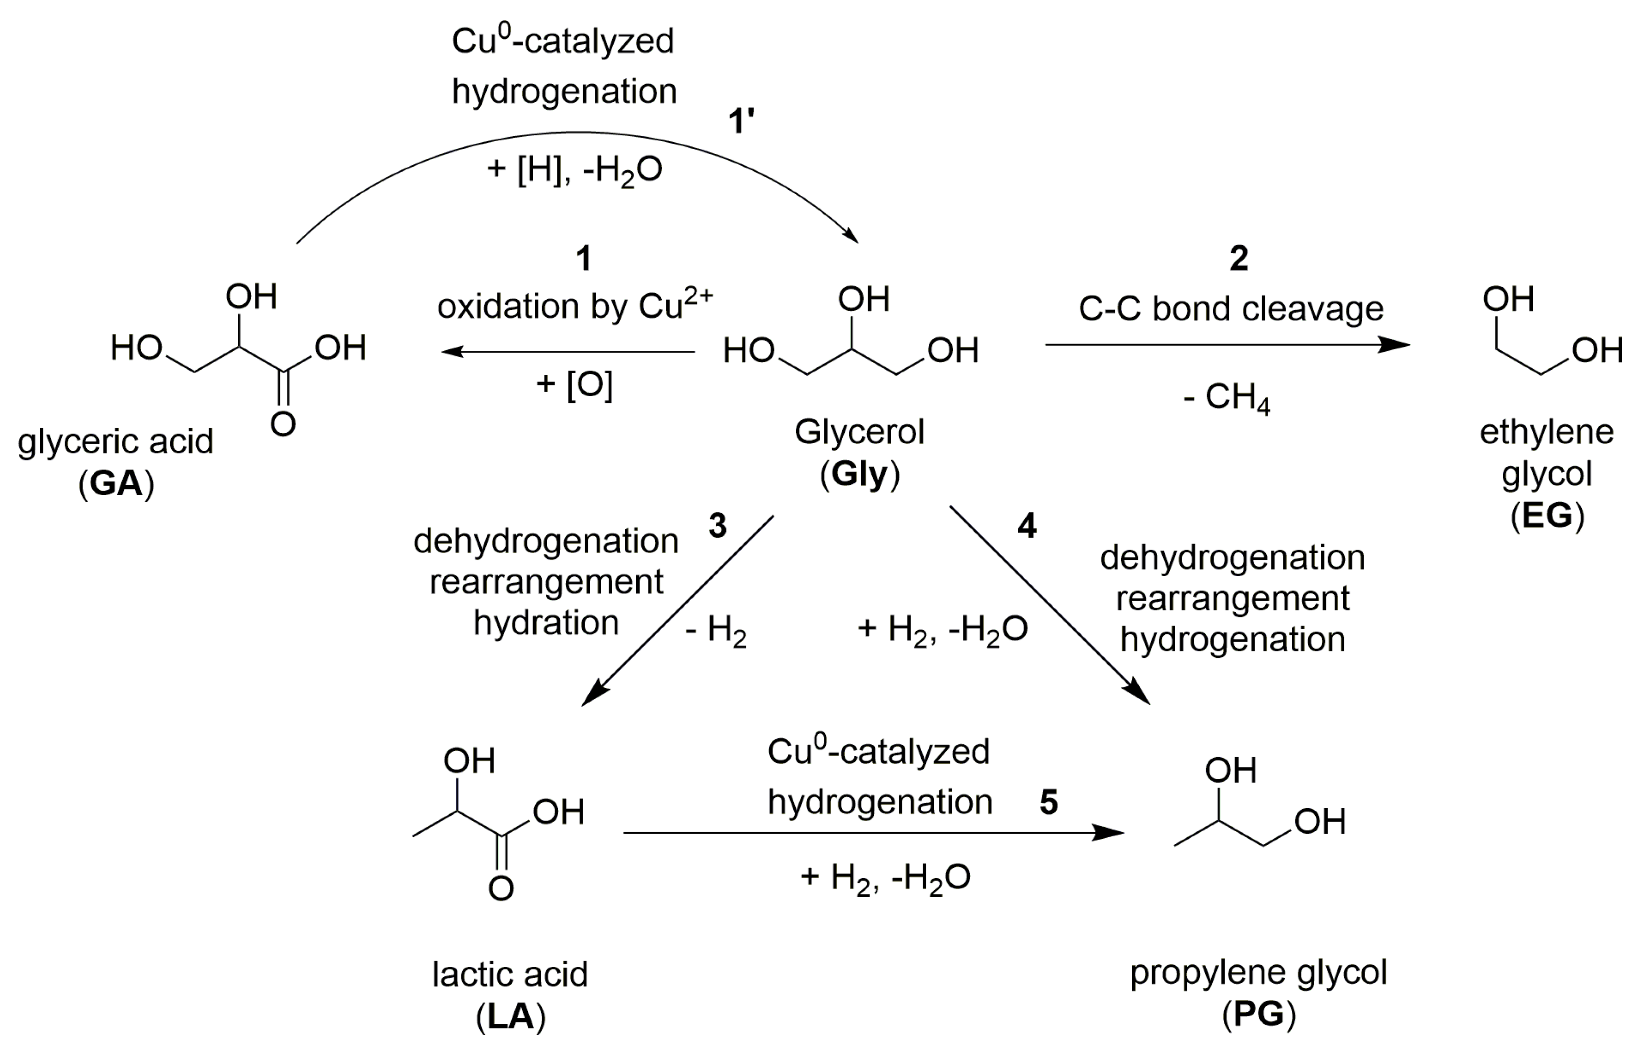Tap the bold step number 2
[1238, 259]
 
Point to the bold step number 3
[717, 526]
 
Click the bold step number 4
[1026, 526]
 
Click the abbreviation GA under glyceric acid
[116, 484]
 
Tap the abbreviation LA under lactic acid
[511, 1017]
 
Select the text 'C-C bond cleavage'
[1231, 309]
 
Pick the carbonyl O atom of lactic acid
[501, 889]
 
